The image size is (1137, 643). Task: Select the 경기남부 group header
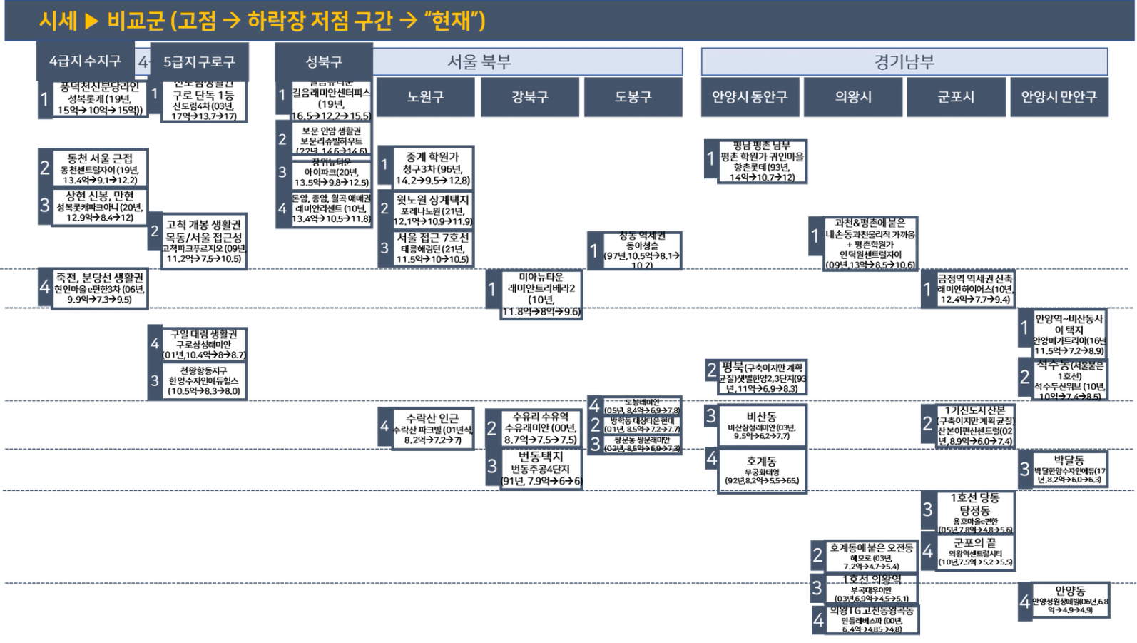point(904,62)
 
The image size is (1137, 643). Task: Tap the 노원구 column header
point(425,97)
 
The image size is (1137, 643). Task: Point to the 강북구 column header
point(529,97)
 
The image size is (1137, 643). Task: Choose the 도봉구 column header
point(633,97)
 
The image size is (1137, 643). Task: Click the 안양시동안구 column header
point(750,97)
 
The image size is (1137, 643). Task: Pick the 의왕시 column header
point(853,97)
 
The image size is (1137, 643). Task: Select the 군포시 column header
point(956,97)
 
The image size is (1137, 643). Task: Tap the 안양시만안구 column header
point(1059,97)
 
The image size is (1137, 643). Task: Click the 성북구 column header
point(323,62)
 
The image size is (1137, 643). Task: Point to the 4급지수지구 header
point(85,61)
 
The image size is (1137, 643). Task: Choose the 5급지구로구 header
point(199,62)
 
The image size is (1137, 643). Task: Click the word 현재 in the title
point(452,21)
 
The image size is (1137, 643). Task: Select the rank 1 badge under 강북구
point(491,290)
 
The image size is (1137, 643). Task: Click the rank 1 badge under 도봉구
point(593,250)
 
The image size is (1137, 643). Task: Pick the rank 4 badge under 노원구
point(384,427)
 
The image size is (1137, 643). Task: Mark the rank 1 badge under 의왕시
point(815,236)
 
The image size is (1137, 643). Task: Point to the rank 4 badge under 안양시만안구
point(1024,602)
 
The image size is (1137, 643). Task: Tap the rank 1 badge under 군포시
point(927,289)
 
